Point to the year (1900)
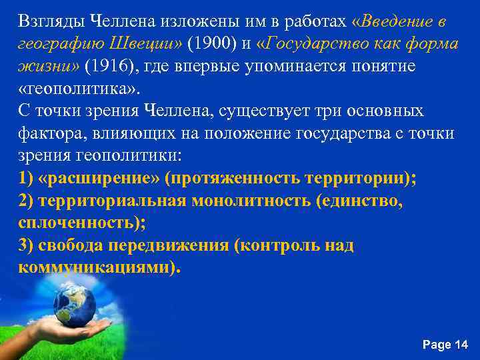click(209, 44)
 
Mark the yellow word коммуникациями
click(95, 267)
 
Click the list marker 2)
click(27, 201)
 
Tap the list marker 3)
click(27, 245)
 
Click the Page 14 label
click(445, 344)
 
